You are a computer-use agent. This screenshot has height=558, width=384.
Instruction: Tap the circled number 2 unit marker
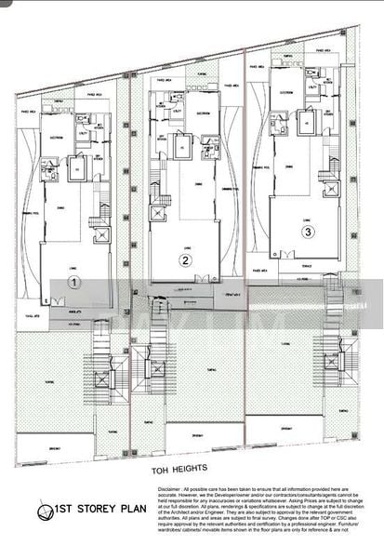coord(186,261)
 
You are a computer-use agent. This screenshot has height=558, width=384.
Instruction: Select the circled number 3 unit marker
coord(308,231)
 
